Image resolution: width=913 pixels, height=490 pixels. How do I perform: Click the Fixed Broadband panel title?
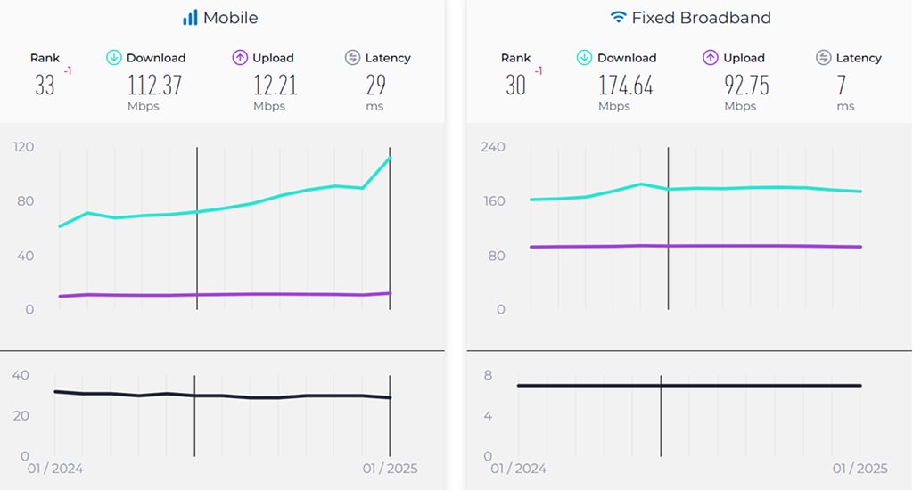tap(701, 18)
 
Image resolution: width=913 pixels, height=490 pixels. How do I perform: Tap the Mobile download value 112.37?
tap(154, 86)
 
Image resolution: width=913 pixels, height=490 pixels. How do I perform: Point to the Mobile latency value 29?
tap(375, 86)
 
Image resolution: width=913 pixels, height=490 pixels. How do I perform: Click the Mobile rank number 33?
tap(45, 86)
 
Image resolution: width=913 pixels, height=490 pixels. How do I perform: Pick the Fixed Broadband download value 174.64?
tap(626, 86)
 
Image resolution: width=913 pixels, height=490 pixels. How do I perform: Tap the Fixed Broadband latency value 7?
tap(842, 86)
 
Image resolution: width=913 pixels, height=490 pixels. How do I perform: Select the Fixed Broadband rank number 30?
tap(516, 86)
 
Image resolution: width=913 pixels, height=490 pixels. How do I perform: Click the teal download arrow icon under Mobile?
tap(114, 58)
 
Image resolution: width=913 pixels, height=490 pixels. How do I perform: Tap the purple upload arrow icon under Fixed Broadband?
tap(711, 58)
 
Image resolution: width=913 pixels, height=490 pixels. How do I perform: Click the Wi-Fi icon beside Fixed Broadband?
tap(618, 18)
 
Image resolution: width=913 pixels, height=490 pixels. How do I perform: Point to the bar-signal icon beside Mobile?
tap(190, 18)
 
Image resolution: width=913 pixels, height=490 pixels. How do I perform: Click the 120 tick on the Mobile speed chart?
tap(23, 146)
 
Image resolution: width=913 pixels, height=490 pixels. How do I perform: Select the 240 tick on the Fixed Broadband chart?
tap(494, 146)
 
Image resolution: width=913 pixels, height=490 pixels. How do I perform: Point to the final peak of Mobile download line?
tap(390, 159)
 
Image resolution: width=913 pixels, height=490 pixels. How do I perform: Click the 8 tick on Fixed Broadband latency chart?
tap(488, 375)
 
